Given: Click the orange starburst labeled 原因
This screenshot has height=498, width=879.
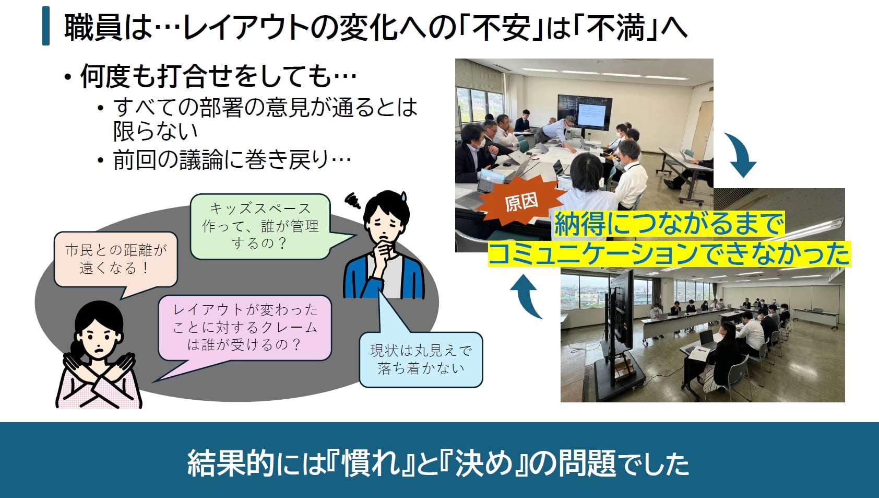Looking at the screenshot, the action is [x=521, y=201].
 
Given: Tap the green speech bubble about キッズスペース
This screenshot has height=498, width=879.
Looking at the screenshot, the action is [x=260, y=226].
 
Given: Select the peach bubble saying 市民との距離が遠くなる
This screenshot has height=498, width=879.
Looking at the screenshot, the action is [x=116, y=259].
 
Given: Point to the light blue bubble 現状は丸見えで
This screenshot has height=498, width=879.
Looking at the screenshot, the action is [x=421, y=360].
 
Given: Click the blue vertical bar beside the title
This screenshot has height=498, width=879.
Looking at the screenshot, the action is [x=46, y=26].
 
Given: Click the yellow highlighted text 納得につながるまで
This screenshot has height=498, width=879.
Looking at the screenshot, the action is [x=669, y=224].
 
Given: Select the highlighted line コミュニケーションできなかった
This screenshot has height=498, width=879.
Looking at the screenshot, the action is [x=669, y=254].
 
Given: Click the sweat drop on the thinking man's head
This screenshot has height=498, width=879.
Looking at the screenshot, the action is [x=403, y=196].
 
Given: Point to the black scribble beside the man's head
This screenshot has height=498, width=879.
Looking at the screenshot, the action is [x=352, y=200].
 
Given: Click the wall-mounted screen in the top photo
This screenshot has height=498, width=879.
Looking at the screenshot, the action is [x=585, y=112].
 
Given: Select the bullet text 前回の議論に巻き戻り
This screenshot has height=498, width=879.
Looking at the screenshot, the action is [x=232, y=160].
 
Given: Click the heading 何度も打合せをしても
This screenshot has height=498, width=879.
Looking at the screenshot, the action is [x=218, y=76].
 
